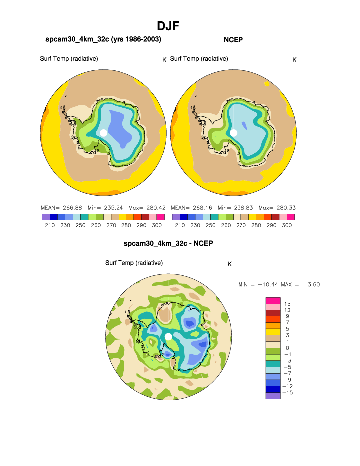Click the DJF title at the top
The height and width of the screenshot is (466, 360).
(x=168, y=26)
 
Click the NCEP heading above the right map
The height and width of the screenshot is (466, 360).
(x=233, y=39)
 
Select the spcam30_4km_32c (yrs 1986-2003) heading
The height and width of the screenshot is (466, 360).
(x=103, y=39)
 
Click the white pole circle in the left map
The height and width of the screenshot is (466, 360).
(x=103, y=133)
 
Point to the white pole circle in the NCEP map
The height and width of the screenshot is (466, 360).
(x=233, y=133)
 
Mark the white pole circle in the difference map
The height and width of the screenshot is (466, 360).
(x=168, y=337)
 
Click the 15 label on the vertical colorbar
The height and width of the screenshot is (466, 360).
(x=287, y=303)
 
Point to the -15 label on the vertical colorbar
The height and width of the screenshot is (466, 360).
(x=287, y=393)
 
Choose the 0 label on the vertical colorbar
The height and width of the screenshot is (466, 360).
(x=286, y=348)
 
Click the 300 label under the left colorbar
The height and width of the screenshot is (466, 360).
(x=156, y=225)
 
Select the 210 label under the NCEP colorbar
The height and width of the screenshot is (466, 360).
(x=180, y=225)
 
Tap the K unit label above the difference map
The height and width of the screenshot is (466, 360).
(x=229, y=264)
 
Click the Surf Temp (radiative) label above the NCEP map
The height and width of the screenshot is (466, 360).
(x=199, y=59)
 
